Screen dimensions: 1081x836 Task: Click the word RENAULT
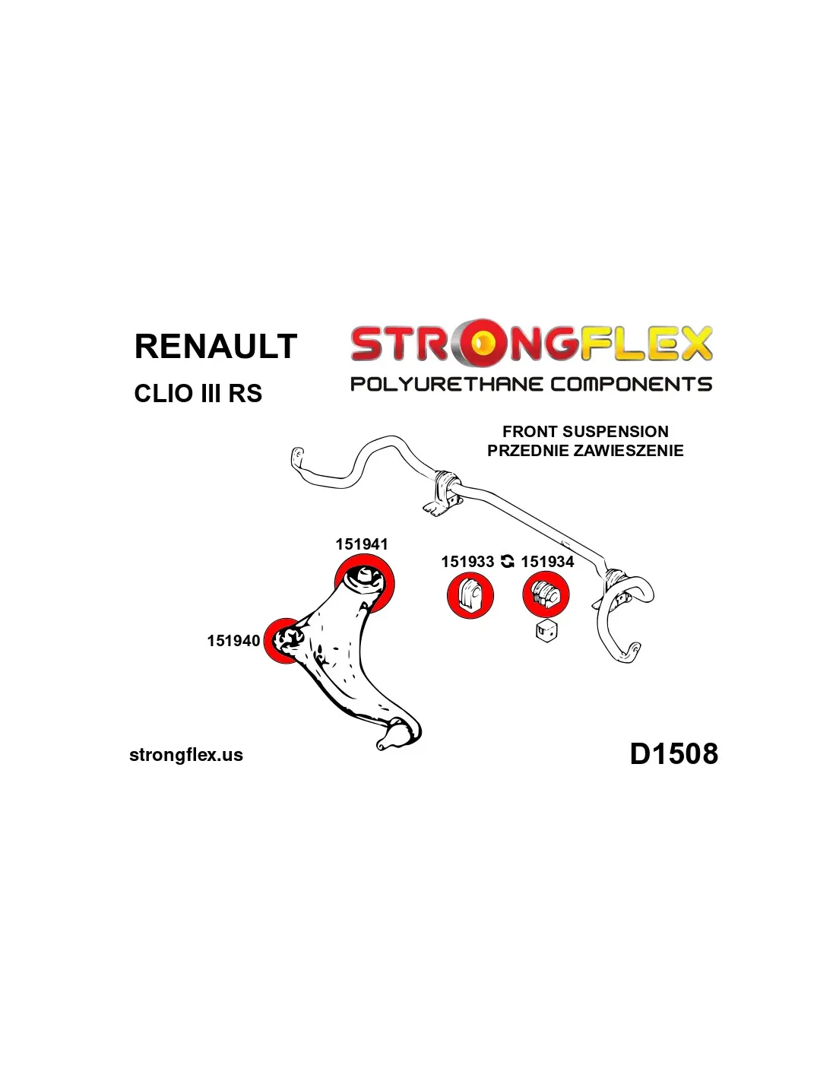[x=215, y=346]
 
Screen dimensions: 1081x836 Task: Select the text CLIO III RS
[x=198, y=394]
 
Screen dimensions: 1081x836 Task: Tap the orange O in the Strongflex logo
[x=480, y=344]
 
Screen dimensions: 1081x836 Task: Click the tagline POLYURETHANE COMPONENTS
[x=530, y=384]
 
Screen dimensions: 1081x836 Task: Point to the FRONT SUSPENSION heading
[x=585, y=431]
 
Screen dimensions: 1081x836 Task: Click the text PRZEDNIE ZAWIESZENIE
[x=585, y=451]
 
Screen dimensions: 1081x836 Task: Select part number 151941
[x=362, y=544]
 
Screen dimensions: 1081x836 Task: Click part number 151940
[x=233, y=641]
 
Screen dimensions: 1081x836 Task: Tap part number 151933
[x=467, y=562]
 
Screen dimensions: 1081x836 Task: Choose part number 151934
[x=547, y=562]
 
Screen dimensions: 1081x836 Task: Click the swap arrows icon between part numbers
[x=508, y=562]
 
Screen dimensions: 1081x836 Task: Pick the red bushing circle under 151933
[x=470, y=595]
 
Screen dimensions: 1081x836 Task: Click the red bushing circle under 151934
[x=546, y=594]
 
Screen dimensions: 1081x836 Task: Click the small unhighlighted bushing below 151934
[x=546, y=630]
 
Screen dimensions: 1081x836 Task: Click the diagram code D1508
[x=673, y=753]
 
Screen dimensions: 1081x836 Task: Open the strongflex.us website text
[x=186, y=755]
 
